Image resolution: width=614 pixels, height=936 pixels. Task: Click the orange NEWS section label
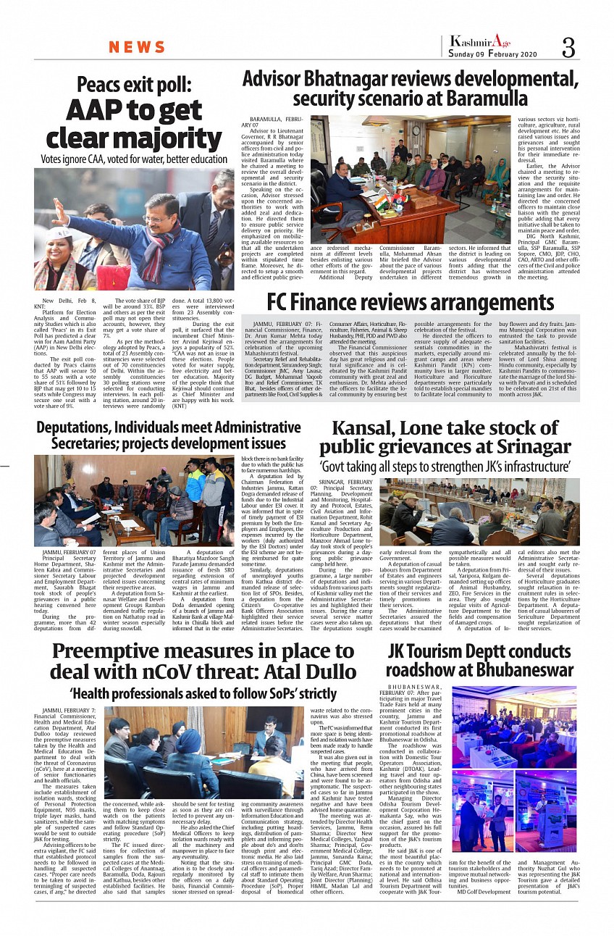(137, 48)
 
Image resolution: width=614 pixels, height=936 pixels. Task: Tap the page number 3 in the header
(569, 49)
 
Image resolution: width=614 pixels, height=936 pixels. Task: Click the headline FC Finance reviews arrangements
(410, 302)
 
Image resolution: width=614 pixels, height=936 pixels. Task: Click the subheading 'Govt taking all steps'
(446, 464)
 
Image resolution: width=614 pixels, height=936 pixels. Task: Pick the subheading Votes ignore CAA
(134, 159)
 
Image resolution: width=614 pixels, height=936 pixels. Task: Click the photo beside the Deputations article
(134, 500)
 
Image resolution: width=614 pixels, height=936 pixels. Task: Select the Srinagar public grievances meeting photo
(480, 511)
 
